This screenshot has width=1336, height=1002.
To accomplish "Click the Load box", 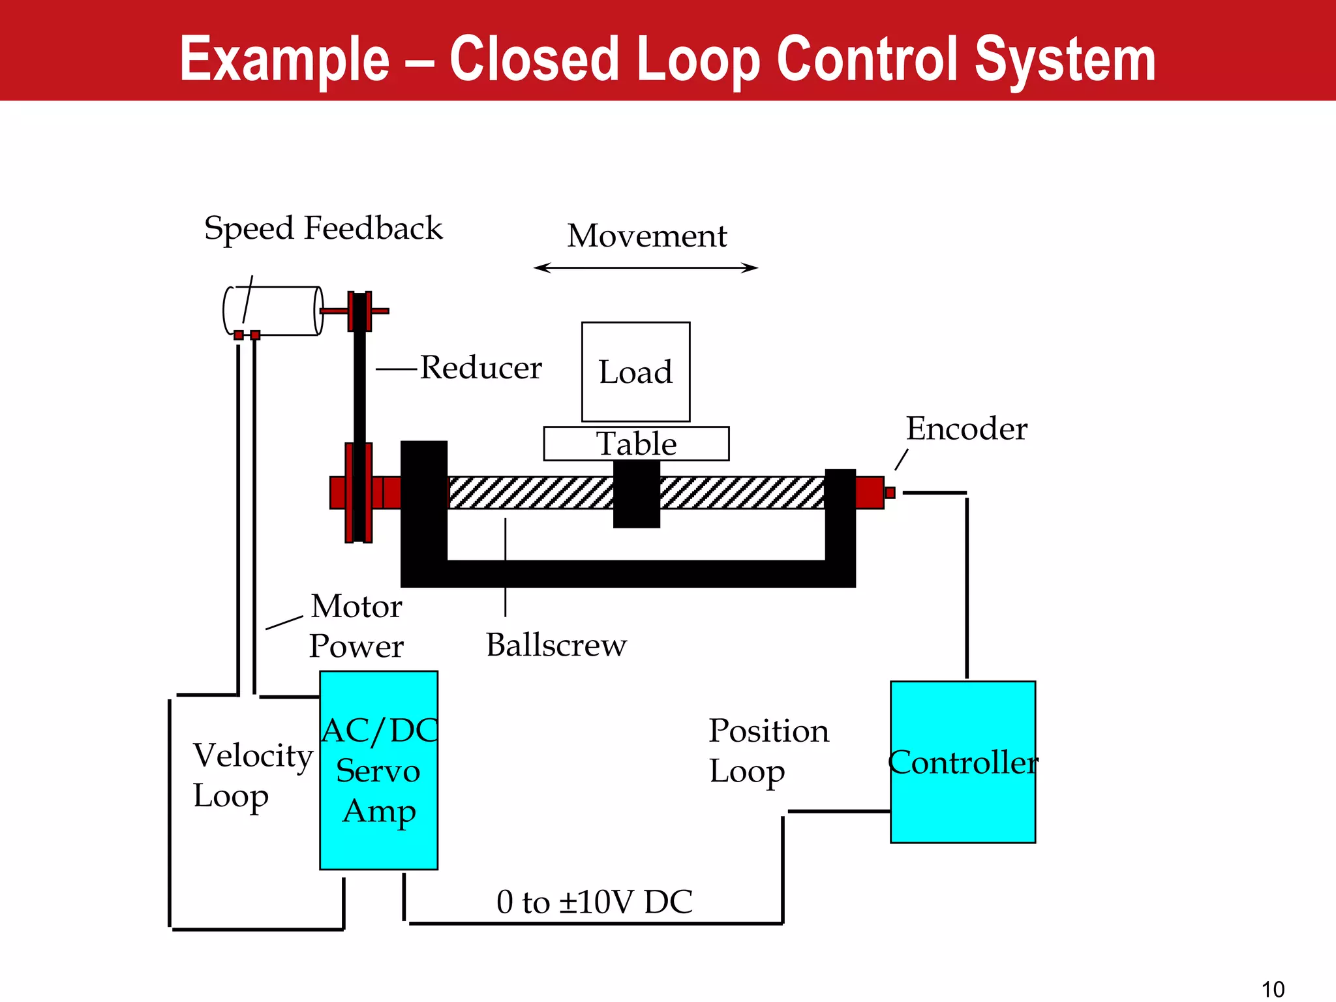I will click(x=635, y=372).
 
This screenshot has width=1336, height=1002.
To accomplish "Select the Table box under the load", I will click(x=636, y=444).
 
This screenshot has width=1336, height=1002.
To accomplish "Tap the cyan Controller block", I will click(x=962, y=762).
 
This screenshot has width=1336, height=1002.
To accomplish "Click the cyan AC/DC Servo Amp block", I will click(x=378, y=770).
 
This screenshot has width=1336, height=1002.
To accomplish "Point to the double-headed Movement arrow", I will click(x=646, y=267).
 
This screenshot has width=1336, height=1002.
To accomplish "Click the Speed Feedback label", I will click(x=323, y=228).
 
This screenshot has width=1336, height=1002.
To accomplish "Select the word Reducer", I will click(x=481, y=368).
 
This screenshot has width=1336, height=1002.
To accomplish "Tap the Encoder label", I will click(x=966, y=429).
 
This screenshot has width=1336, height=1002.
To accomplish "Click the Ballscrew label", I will click(x=556, y=645).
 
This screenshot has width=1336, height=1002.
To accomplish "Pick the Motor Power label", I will click(x=356, y=626).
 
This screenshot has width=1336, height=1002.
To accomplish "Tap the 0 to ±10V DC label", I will click(x=594, y=902).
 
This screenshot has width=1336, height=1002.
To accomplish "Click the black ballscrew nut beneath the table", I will click(x=637, y=494).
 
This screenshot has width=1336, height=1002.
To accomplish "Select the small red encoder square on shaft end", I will click(x=890, y=493).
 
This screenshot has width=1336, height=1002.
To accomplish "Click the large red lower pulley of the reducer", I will click(x=358, y=493).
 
